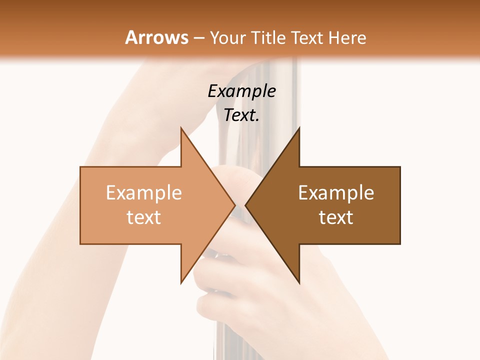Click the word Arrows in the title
pos(156,37)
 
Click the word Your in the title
pos(228,38)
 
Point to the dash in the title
pos(198,38)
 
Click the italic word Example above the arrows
pos(241,91)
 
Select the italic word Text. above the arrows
pos(241,115)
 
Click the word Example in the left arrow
pos(144,192)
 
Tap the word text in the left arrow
pos(144,217)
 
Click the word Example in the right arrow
pos(336,192)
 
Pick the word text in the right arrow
pos(336,217)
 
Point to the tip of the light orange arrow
pos(234,205)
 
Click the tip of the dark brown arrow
pos(246,205)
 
